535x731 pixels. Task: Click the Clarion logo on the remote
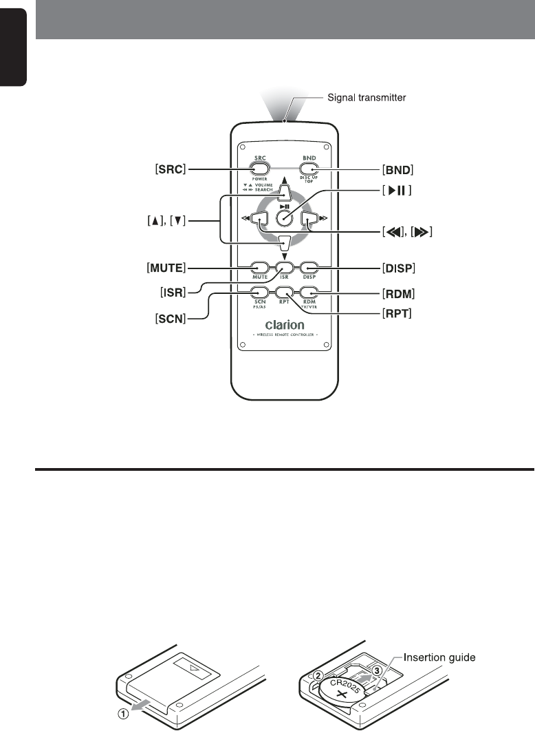(284, 324)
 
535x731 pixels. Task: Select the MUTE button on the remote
(259, 267)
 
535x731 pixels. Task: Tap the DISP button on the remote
(309, 267)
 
